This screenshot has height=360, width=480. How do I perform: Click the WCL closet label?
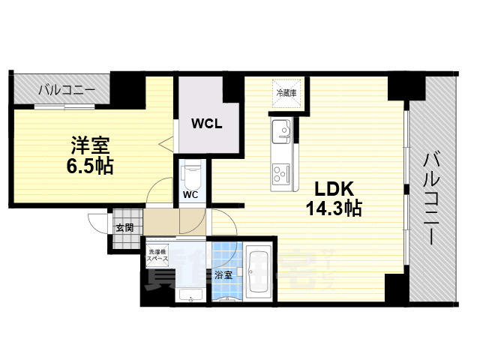coord(205,123)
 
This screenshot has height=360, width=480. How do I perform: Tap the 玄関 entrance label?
coord(124,227)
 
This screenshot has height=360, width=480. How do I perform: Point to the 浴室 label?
coord(223,274)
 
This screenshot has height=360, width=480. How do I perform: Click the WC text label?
coord(190,196)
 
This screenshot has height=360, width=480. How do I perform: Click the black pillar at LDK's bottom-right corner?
coord(396,288)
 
